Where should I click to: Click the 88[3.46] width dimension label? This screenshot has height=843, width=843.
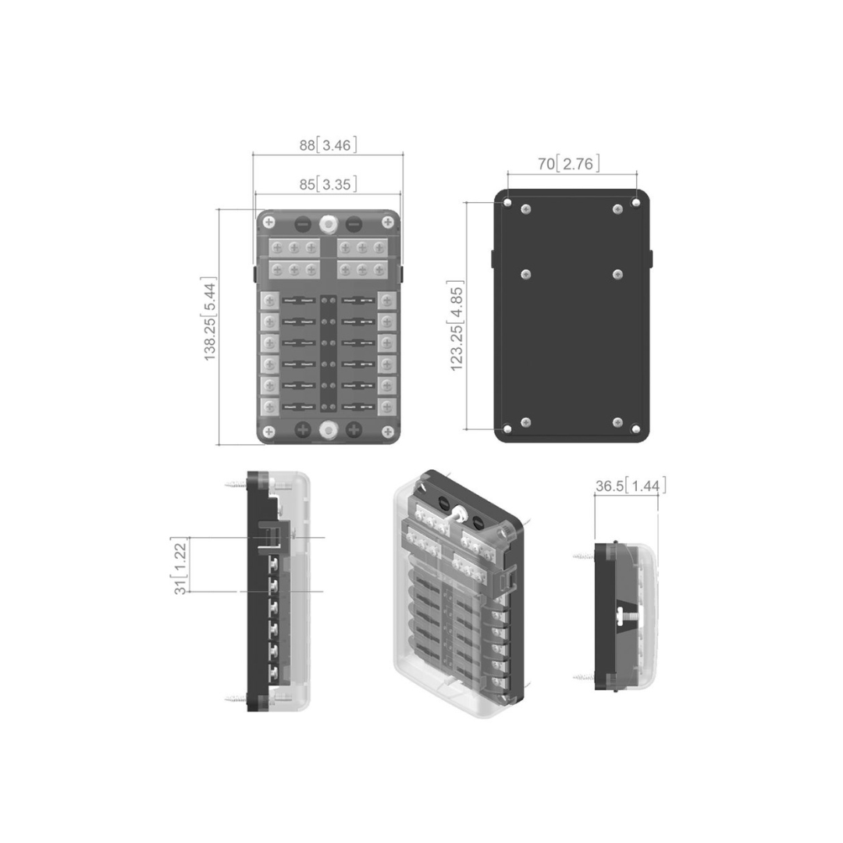pyautogui.click(x=328, y=145)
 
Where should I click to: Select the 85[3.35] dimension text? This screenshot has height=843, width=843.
pyautogui.click(x=328, y=184)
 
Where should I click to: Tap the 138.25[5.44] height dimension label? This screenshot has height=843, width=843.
pyautogui.click(x=209, y=318)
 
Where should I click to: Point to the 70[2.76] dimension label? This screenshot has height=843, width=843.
pyautogui.click(x=569, y=163)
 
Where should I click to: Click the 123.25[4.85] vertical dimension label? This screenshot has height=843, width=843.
pyautogui.click(x=456, y=325)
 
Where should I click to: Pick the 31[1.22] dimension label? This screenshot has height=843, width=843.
pyautogui.click(x=180, y=565)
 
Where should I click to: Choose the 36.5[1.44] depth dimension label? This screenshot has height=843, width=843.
pyautogui.click(x=631, y=486)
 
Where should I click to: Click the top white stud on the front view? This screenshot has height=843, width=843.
pyautogui.click(x=328, y=223)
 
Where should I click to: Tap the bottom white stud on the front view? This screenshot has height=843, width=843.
pyautogui.click(x=328, y=429)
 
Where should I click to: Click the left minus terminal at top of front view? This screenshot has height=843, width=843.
pyautogui.click(x=303, y=223)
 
